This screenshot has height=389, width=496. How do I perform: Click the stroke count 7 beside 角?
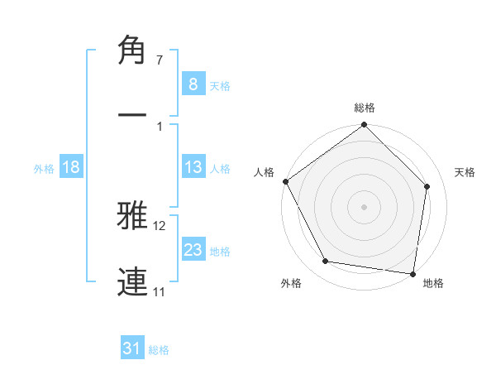[159, 60]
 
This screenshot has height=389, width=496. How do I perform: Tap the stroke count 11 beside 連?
[160, 291]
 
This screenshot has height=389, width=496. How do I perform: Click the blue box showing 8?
[193, 84]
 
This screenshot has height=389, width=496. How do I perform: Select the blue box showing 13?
[193, 167]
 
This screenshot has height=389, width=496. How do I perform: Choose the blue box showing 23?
[193, 250]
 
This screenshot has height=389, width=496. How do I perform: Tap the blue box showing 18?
[70, 167]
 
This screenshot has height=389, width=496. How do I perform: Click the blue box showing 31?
[132, 349]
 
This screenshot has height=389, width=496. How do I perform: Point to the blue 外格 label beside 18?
[44, 168]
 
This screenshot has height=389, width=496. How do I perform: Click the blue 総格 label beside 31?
[159, 350]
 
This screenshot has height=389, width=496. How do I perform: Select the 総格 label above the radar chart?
[365, 108]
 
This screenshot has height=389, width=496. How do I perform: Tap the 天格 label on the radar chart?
[465, 172]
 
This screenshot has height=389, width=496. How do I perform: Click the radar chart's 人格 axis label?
[264, 172]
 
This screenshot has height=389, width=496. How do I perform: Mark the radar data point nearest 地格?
[413, 273]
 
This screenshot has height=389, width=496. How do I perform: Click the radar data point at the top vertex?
[365, 126]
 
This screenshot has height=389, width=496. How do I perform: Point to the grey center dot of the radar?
[365, 206]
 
